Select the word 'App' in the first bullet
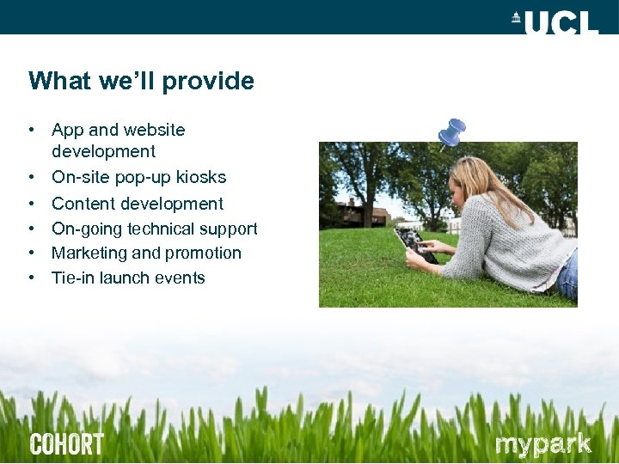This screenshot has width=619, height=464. pyautogui.click(x=68, y=130)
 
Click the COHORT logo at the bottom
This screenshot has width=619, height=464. pyautogui.click(x=67, y=444)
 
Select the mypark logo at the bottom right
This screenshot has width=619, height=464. pyautogui.click(x=543, y=444)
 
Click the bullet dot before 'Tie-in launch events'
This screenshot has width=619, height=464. pyautogui.click(x=31, y=278)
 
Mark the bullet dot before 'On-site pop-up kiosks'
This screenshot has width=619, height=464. pyautogui.click(x=31, y=178)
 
